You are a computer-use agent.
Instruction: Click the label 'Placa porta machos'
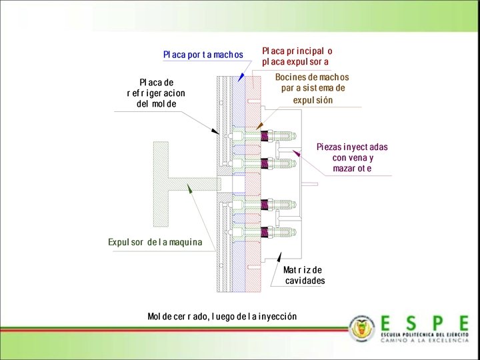tap(203, 54)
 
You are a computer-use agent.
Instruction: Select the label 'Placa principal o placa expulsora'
tap(297, 56)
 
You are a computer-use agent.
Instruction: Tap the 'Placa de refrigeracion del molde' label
tap(156, 93)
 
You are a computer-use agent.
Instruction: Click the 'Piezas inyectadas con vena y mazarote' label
tap(352, 157)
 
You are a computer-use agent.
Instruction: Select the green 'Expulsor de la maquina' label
tap(155, 242)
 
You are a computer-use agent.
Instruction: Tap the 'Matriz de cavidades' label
tap(304, 275)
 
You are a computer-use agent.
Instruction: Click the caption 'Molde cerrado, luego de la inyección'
tap(222, 315)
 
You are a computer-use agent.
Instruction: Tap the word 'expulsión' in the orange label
tap(313, 100)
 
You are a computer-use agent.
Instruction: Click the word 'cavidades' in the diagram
tap(305, 281)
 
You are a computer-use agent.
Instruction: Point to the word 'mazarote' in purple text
tap(352, 169)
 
